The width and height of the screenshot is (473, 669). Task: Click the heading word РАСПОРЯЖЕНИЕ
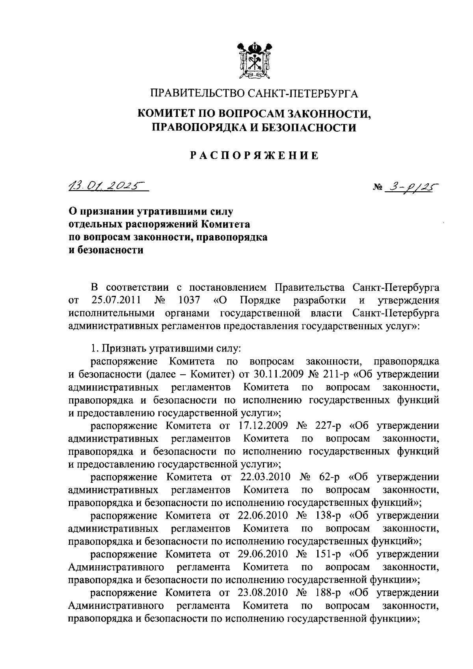point(254,155)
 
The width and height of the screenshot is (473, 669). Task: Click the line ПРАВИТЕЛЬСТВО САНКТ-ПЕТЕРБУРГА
point(254,94)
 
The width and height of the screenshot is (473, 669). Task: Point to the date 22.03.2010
point(265,477)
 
